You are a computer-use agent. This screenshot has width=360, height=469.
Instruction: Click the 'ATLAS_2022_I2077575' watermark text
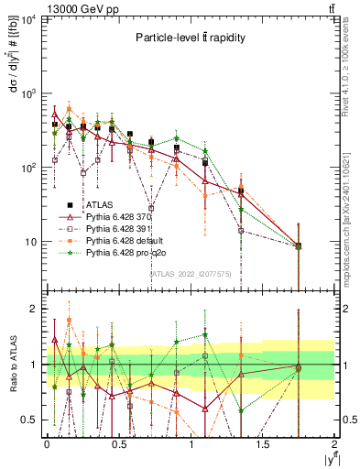tap(190, 273)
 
